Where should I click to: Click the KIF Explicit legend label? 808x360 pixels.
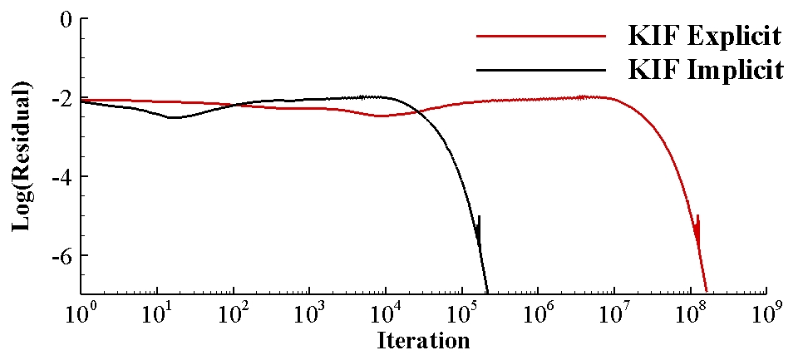click(705, 37)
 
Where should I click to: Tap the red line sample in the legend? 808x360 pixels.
click(541, 37)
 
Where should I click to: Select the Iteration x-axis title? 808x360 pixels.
click(423, 340)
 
